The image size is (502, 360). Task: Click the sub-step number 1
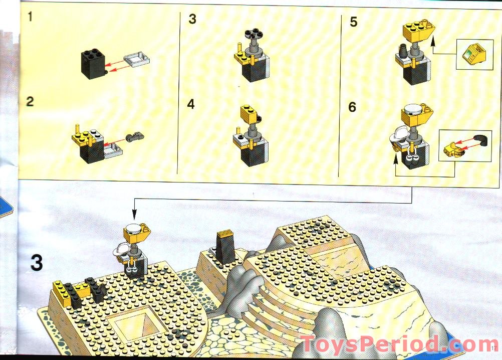tap(30, 17)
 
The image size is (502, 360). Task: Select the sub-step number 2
tap(30, 101)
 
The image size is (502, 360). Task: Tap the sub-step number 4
tap(191, 104)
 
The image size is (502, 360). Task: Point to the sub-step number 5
tap(353, 22)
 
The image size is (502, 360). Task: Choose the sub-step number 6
tap(352, 107)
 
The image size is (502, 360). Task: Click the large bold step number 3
tap(37, 263)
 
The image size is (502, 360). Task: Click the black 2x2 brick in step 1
tap(93, 63)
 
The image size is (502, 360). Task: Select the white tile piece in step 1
tap(137, 59)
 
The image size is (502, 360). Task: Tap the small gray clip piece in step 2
tap(135, 137)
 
